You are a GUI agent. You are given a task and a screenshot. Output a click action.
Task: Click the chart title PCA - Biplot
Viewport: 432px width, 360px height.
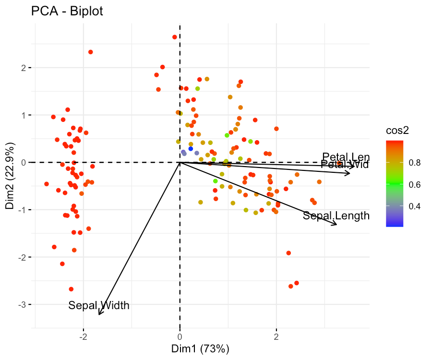67,11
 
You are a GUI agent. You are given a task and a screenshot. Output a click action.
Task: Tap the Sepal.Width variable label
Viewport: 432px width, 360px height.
99,305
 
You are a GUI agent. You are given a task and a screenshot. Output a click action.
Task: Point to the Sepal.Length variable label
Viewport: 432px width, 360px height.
336,216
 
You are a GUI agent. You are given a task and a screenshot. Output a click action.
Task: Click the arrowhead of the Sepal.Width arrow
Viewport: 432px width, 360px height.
99,314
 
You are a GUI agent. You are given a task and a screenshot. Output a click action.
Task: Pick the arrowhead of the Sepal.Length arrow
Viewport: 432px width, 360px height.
336,224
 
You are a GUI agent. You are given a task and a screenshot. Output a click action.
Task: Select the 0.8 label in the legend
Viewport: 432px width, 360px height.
414,163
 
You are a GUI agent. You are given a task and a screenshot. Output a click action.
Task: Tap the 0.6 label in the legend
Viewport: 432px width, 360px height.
414,184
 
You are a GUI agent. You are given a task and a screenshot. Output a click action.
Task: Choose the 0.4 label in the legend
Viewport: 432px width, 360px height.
414,206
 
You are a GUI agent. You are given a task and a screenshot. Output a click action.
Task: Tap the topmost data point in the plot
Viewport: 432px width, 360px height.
175,37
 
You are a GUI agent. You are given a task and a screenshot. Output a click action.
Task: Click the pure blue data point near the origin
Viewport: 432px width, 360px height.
191,149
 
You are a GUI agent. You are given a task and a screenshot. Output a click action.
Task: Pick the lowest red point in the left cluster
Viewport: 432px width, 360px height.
71,289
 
